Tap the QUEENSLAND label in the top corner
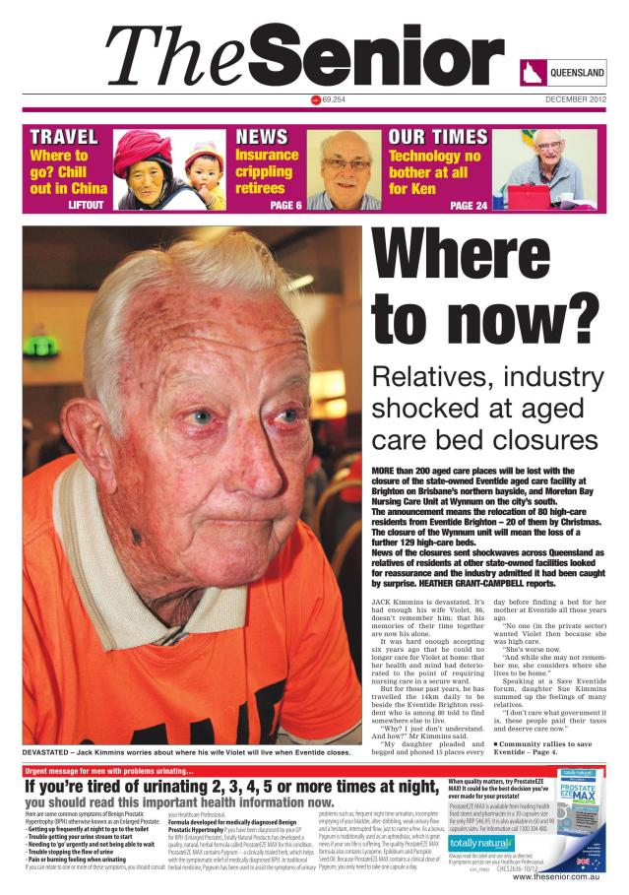tap(576, 74)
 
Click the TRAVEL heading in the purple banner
tap(64, 137)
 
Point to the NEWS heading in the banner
tap(262, 137)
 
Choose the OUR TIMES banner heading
tap(437, 137)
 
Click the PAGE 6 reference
tap(285, 205)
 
